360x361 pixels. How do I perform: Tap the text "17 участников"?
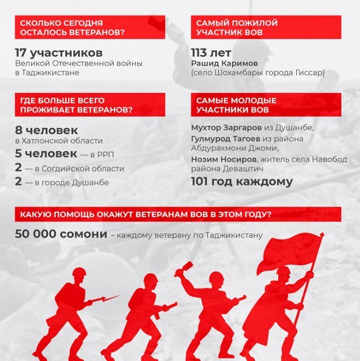(58, 53)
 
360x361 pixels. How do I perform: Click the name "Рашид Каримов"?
(218, 64)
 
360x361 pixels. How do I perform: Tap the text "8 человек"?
(47, 130)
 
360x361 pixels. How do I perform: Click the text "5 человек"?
(47, 154)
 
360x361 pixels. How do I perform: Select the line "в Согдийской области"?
(76, 168)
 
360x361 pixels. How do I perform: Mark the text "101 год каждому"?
(242, 182)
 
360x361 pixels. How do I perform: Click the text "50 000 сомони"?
(61, 234)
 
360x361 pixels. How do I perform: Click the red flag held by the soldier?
(290, 251)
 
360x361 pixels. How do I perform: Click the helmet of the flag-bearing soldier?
(283, 271)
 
